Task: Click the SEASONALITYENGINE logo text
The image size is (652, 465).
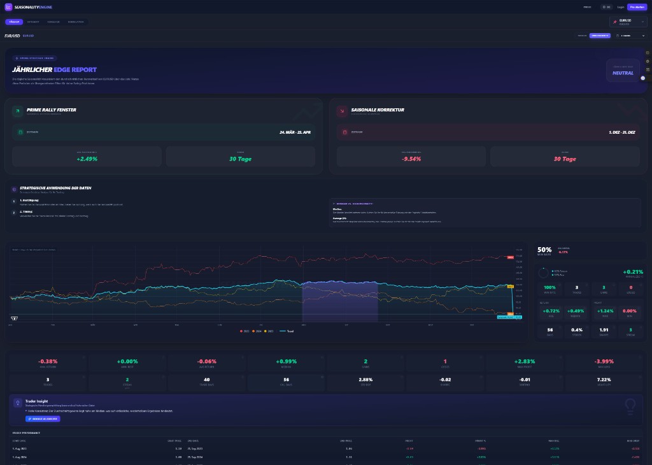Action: click(x=33, y=7)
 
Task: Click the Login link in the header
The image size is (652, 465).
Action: click(x=620, y=7)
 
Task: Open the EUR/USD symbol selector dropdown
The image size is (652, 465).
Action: click(x=628, y=22)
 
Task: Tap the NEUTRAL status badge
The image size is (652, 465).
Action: click(x=623, y=73)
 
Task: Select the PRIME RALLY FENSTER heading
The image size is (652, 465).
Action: click(x=51, y=110)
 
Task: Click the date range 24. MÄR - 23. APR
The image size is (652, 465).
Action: click(x=295, y=132)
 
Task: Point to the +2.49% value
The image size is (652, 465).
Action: click(x=87, y=159)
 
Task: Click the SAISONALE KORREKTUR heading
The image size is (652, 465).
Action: click(x=378, y=110)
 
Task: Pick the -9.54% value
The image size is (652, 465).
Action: click(x=411, y=159)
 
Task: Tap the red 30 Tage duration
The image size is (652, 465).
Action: click(x=565, y=159)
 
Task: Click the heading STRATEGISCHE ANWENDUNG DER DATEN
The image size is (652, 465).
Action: click(x=55, y=188)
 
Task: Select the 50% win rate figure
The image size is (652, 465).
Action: click(x=544, y=250)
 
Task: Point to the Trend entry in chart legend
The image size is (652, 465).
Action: click(x=289, y=331)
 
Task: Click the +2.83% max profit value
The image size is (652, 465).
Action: click(x=525, y=361)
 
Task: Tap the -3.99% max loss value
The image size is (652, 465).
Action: click(x=604, y=361)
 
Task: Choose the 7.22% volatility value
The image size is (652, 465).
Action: click(x=604, y=380)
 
